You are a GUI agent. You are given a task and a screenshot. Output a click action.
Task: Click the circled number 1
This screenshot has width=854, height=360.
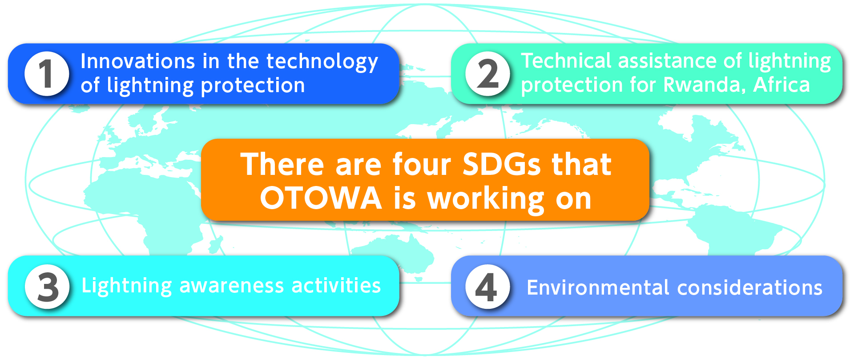click(46, 73)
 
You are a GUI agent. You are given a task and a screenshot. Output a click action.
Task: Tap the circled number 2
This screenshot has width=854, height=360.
click(487, 73)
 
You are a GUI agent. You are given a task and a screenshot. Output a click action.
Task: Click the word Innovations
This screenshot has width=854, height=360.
click(138, 61)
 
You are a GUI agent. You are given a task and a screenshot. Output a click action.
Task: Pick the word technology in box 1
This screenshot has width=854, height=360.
click(322, 62)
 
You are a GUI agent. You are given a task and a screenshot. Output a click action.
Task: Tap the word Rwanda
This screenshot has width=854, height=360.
click(705, 85)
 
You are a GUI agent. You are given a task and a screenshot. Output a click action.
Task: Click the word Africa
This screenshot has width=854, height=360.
click(781, 85)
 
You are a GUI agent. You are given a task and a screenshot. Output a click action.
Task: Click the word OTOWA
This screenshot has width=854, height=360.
click(321, 198)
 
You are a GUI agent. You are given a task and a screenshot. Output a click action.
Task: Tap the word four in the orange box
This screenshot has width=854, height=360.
click(422, 164)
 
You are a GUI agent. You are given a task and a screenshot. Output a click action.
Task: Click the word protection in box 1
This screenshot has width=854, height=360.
click(253, 86)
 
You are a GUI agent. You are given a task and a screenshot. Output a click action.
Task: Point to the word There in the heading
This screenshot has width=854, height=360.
click(282, 164)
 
